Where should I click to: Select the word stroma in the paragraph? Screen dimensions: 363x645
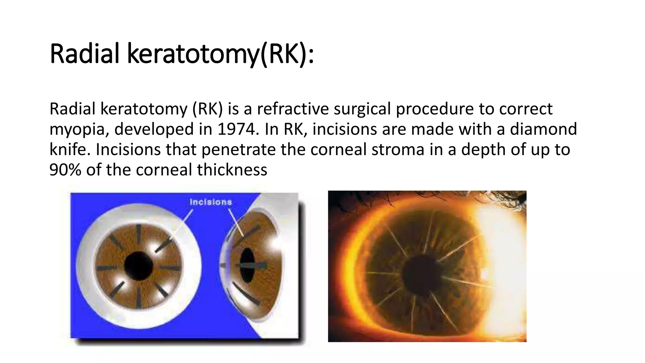point(398,149)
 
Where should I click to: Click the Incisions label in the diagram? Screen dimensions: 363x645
point(211,202)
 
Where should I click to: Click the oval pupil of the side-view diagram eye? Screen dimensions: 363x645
point(247,265)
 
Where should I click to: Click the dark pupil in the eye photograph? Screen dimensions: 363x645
point(422,274)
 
